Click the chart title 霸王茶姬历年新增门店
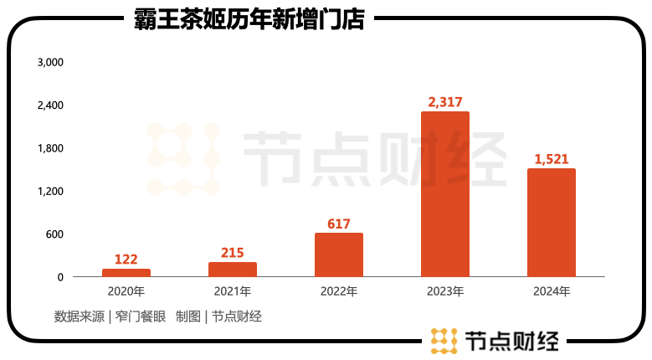tap(249, 19)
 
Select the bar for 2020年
tap(126, 272)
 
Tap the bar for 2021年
tap(233, 269)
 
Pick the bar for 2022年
tap(339, 255)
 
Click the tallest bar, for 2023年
tap(445, 194)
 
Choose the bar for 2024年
tap(552, 223)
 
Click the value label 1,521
tap(552, 159)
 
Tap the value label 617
tap(339, 224)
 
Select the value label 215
tap(233, 252)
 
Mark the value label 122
tap(126, 259)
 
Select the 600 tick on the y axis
tap(54, 234)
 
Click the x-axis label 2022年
tap(339, 292)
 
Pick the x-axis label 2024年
tap(552, 292)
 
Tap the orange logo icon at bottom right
tap(442, 341)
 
